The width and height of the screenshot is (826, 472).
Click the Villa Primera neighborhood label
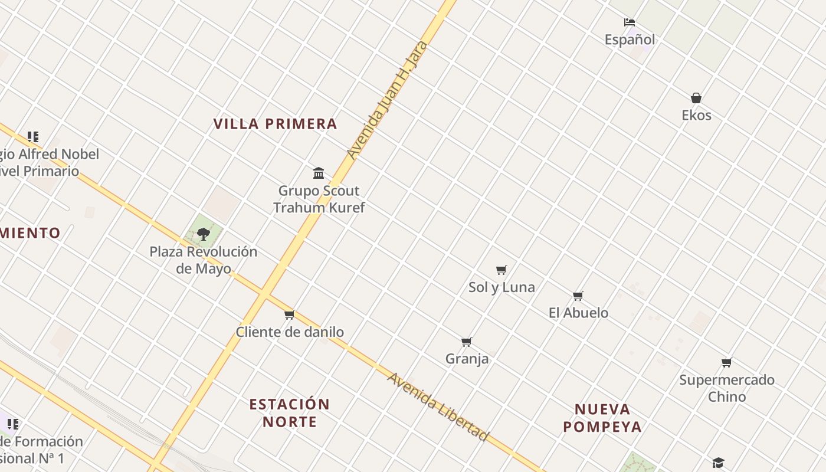(275, 124)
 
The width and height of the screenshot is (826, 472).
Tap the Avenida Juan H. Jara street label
(386, 100)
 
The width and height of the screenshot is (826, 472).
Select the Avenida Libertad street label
(438, 406)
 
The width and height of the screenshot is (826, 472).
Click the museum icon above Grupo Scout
(319, 173)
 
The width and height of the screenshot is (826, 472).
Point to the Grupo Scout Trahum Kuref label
(319, 199)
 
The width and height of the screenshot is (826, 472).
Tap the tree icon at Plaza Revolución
(204, 234)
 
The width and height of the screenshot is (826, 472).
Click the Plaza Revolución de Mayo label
(203, 260)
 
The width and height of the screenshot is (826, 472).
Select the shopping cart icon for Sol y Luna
(501, 270)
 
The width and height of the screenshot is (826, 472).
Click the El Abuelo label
(578, 313)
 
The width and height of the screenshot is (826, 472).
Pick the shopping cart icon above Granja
(467, 342)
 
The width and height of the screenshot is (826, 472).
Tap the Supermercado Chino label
(726, 388)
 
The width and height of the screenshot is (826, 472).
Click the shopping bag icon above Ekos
(696, 98)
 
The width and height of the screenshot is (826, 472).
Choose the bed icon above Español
(630, 22)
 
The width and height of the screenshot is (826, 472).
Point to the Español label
(630, 40)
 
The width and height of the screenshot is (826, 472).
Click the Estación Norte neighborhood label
(289, 413)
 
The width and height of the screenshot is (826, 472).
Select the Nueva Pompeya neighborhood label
(602, 418)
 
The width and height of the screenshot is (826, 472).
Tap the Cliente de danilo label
(290, 332)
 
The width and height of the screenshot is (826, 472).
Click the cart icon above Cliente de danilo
(289, 314)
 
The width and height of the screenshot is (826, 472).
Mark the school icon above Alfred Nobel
(33, 137)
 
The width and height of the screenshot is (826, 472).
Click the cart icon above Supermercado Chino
(726, 363)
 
